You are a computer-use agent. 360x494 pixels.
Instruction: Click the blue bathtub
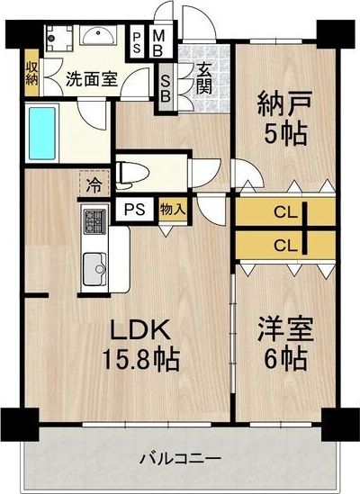click(42, 133)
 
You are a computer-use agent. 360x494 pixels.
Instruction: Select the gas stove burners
click(94, 220)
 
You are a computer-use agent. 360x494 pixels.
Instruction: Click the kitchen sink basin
click(94, 269)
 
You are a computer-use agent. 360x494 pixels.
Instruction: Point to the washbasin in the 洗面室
click(98, 34)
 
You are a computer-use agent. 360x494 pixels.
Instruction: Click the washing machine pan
click(59, 39)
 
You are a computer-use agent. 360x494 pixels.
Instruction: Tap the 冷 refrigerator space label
click(94, 185)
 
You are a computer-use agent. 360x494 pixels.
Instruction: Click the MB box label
click(158, 43)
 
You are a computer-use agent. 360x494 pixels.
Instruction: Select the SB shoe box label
click(166, 88)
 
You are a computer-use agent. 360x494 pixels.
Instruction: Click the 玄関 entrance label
click(204, 79)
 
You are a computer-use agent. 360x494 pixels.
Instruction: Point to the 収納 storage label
click(31, 73)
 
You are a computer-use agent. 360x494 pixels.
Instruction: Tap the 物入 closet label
click(172, 209)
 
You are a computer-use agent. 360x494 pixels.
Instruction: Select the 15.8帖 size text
click(141, 359)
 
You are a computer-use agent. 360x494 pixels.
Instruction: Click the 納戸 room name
click(285, 103)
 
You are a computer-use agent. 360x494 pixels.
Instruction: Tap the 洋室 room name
click(285, 329)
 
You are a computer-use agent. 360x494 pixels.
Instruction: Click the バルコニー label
click(180, 458)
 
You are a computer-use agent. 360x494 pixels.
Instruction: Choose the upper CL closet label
click(285, 213)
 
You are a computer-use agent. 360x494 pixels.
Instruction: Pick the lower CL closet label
click(285, 246)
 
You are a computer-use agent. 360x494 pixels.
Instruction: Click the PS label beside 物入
click(134, 209)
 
